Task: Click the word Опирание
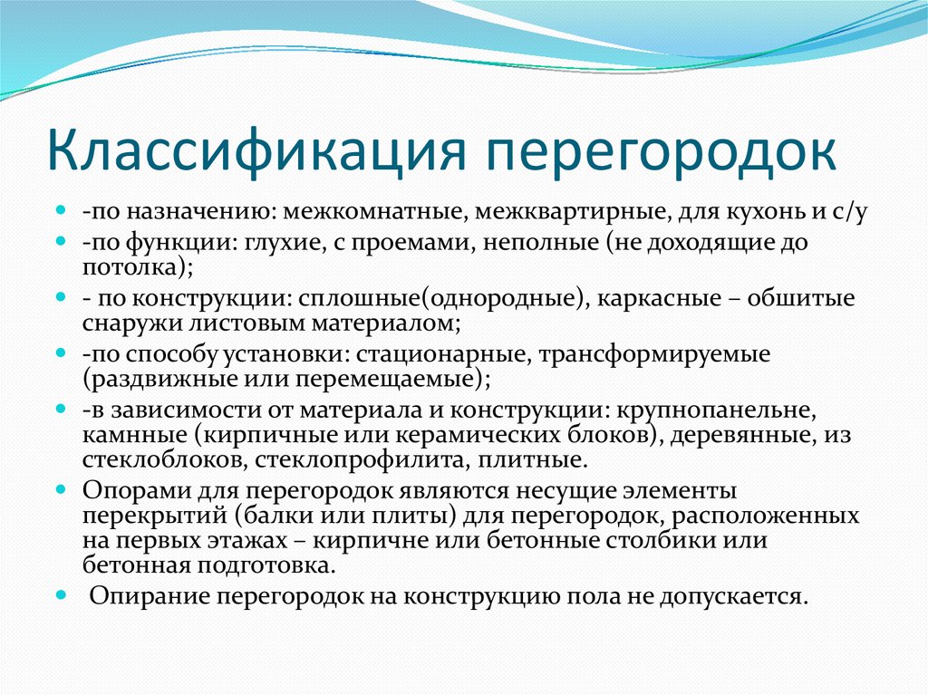[147, 597]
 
